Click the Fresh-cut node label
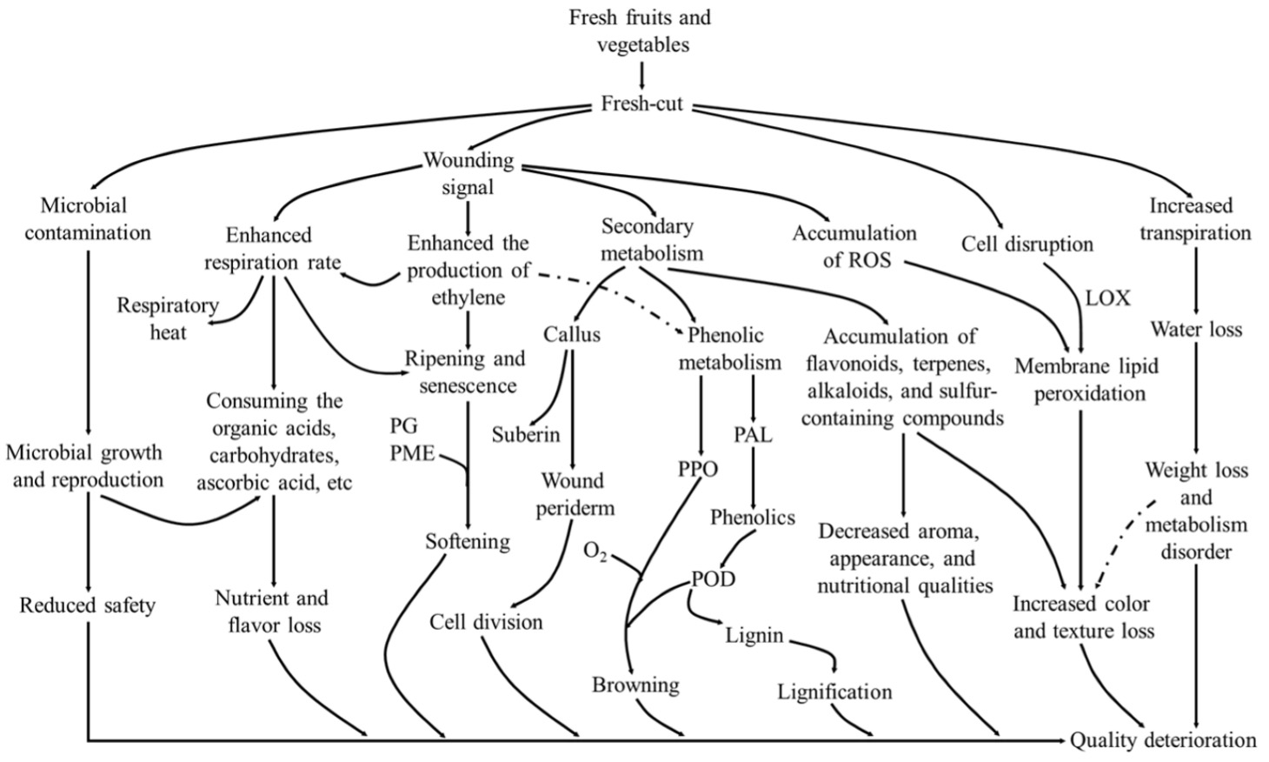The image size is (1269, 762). (x=641, y=104)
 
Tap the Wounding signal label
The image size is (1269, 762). (x=468, y=174)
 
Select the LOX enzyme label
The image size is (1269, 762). (x=1107, y=298)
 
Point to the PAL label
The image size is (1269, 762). (x=753, y=434)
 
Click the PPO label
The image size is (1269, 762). (x=698, y=470)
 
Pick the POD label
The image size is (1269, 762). (x=714, y=578)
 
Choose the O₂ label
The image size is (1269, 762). (x=595, y=552)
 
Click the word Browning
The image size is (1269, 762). (x=635, y=685)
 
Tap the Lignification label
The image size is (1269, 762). (x=834, y=692)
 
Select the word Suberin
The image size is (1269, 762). (x=526, y=434)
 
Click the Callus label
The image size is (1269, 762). (x=572, y=334)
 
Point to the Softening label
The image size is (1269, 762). (x=468, y=541)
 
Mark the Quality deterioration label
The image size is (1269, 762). (x=1163, y=740)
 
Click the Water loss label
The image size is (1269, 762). (x=1196, y=329)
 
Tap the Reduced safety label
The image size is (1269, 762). (x=87, y=605)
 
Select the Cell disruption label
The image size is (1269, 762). (x=1026, y=244)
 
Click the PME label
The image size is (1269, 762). (x=412, y=453)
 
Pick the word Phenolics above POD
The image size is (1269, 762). (x=752, y=518)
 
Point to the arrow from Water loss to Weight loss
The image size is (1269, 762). (x=1197, y=400)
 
